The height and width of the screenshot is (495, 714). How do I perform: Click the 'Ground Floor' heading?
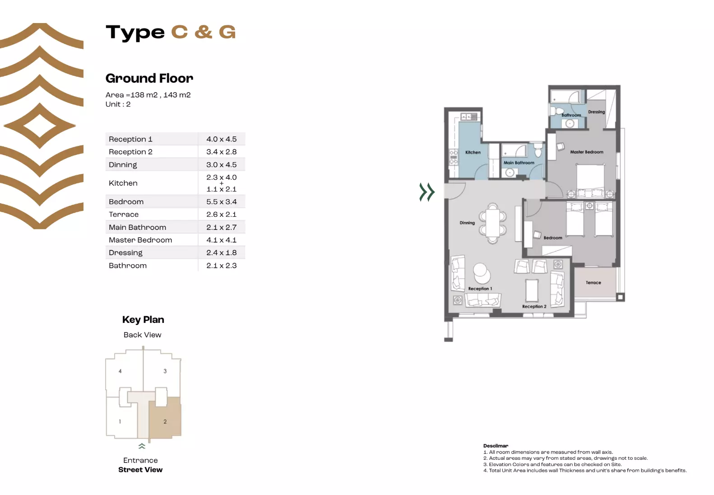click(149, 79)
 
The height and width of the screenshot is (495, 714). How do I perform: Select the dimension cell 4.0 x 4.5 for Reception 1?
click(221, 139)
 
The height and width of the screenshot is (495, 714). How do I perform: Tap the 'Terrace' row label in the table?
click(124, 215)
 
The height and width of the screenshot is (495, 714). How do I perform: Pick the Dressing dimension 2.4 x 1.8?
click(221, 253)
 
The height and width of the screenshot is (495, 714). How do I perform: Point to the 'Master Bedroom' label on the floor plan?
click(586, 152)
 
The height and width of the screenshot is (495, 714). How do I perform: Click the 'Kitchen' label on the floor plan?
click(473, 153)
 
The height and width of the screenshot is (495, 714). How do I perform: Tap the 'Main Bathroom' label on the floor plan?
click(519, 163)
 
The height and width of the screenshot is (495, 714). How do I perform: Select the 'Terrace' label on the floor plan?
click(593, 283)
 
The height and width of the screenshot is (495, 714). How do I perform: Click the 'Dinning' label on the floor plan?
click(467, 223)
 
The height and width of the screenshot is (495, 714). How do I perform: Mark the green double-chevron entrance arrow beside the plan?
click(427, 192)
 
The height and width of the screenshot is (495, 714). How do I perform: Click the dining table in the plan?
click(493, 224)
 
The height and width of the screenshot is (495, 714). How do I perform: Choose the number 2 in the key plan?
click(165, 422)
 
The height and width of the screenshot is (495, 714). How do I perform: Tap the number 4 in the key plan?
click(120, 371)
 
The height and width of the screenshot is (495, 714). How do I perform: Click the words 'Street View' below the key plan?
click(140, 470)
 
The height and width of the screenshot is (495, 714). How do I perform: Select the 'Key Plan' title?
click(143, 320)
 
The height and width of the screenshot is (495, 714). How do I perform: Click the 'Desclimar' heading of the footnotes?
click(496, 446)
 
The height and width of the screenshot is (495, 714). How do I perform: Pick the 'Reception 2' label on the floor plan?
click(534, 307)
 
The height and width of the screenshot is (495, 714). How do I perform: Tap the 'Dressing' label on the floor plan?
click(596, 112)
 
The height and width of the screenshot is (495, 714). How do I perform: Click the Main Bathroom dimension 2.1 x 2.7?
click(221, 228)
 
